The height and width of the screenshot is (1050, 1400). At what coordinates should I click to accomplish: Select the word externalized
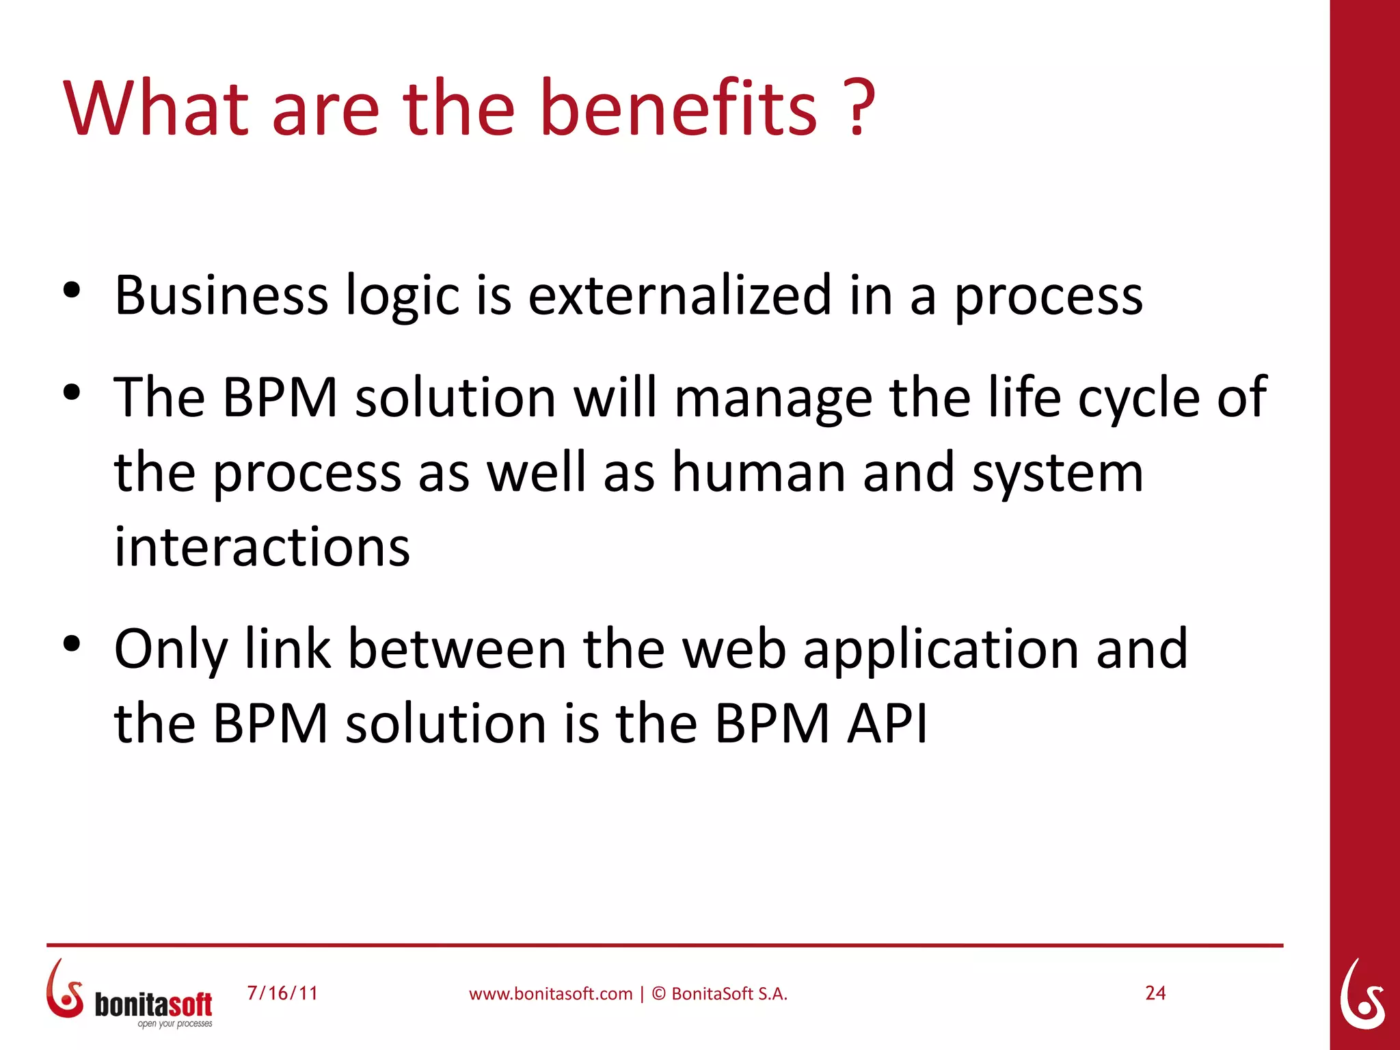coord(680,296)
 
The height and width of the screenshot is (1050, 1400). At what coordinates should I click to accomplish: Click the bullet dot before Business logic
coord(72,291)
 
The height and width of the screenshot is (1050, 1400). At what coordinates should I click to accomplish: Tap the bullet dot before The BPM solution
coord(72,393)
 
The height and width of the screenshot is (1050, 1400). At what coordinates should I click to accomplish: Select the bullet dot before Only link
coord(72,644)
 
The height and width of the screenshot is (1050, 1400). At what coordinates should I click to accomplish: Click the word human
coord(759,473)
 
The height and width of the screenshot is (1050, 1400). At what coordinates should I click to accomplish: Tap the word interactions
coord(262,548)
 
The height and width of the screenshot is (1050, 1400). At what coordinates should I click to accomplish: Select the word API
coord(887,723)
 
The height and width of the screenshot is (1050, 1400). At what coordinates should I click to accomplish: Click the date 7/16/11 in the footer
coord(282,993)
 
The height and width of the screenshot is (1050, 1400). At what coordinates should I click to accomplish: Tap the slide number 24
coord(1155,993)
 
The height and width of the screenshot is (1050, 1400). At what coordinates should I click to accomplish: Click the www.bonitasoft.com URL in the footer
coord(550,994)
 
